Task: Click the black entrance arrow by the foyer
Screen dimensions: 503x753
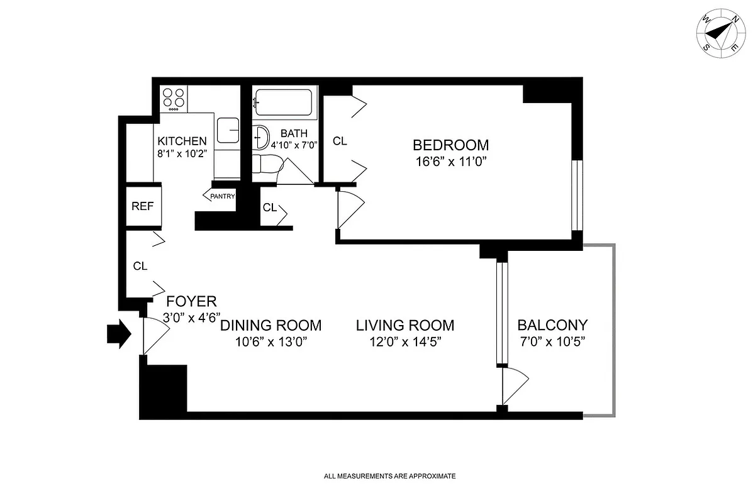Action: [119, 334]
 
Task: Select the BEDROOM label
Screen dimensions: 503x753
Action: [450, 145]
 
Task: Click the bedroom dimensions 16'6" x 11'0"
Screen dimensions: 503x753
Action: [450, 161]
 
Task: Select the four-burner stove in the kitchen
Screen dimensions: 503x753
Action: [174, 99]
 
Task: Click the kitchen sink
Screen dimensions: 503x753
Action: [228, 131]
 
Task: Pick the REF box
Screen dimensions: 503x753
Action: [142, 206]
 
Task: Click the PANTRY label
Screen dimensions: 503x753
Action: [222, 196]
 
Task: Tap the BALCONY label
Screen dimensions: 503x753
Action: [552, 325]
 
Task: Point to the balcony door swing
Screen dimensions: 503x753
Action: [515, 385]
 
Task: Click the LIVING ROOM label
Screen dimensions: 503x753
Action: [404, 325]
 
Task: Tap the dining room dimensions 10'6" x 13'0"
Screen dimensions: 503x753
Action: [270, 342]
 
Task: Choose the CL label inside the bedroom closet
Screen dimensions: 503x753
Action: [340, 141]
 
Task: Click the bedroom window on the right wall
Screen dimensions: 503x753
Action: [577, 196]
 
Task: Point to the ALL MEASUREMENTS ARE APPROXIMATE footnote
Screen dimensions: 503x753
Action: [389, 477]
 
